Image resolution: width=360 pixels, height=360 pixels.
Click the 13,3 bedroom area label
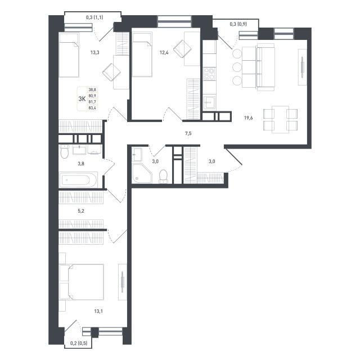coord(95,52)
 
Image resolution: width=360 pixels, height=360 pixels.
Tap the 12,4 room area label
coord(164,52)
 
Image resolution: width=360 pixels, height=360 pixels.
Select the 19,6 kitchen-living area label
coord(248,118)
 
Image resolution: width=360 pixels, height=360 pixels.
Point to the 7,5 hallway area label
coord(188,133)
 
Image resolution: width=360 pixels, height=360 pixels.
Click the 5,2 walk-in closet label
coord(81,211)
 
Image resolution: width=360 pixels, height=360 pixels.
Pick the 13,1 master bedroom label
coord(98,311)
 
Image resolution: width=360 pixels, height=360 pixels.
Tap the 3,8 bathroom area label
coord(81,164)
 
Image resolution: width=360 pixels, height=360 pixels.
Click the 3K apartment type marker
coord(82,99)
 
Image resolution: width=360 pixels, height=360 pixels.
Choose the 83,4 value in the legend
coord(92,107)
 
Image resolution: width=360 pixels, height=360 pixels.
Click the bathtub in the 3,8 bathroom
coord(78,180)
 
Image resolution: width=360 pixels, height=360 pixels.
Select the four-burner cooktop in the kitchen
coord(209,74)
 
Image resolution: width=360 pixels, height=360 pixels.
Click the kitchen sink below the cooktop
coord(209,102)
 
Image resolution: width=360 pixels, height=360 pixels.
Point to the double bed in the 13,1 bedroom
coord(82,282)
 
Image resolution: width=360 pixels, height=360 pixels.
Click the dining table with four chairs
coord(280,119)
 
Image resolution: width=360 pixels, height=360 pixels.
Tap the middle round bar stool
coord(237,67)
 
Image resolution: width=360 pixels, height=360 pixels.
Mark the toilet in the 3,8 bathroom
coord(65,151)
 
